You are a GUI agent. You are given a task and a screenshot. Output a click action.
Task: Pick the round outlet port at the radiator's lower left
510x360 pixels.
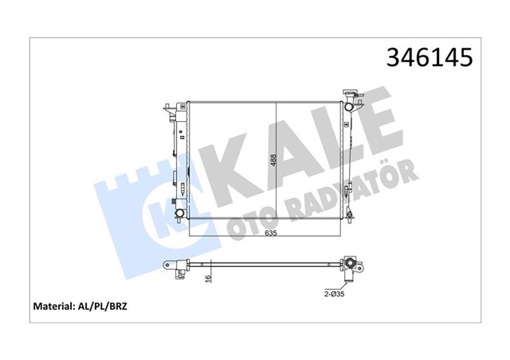coord(180,213)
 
